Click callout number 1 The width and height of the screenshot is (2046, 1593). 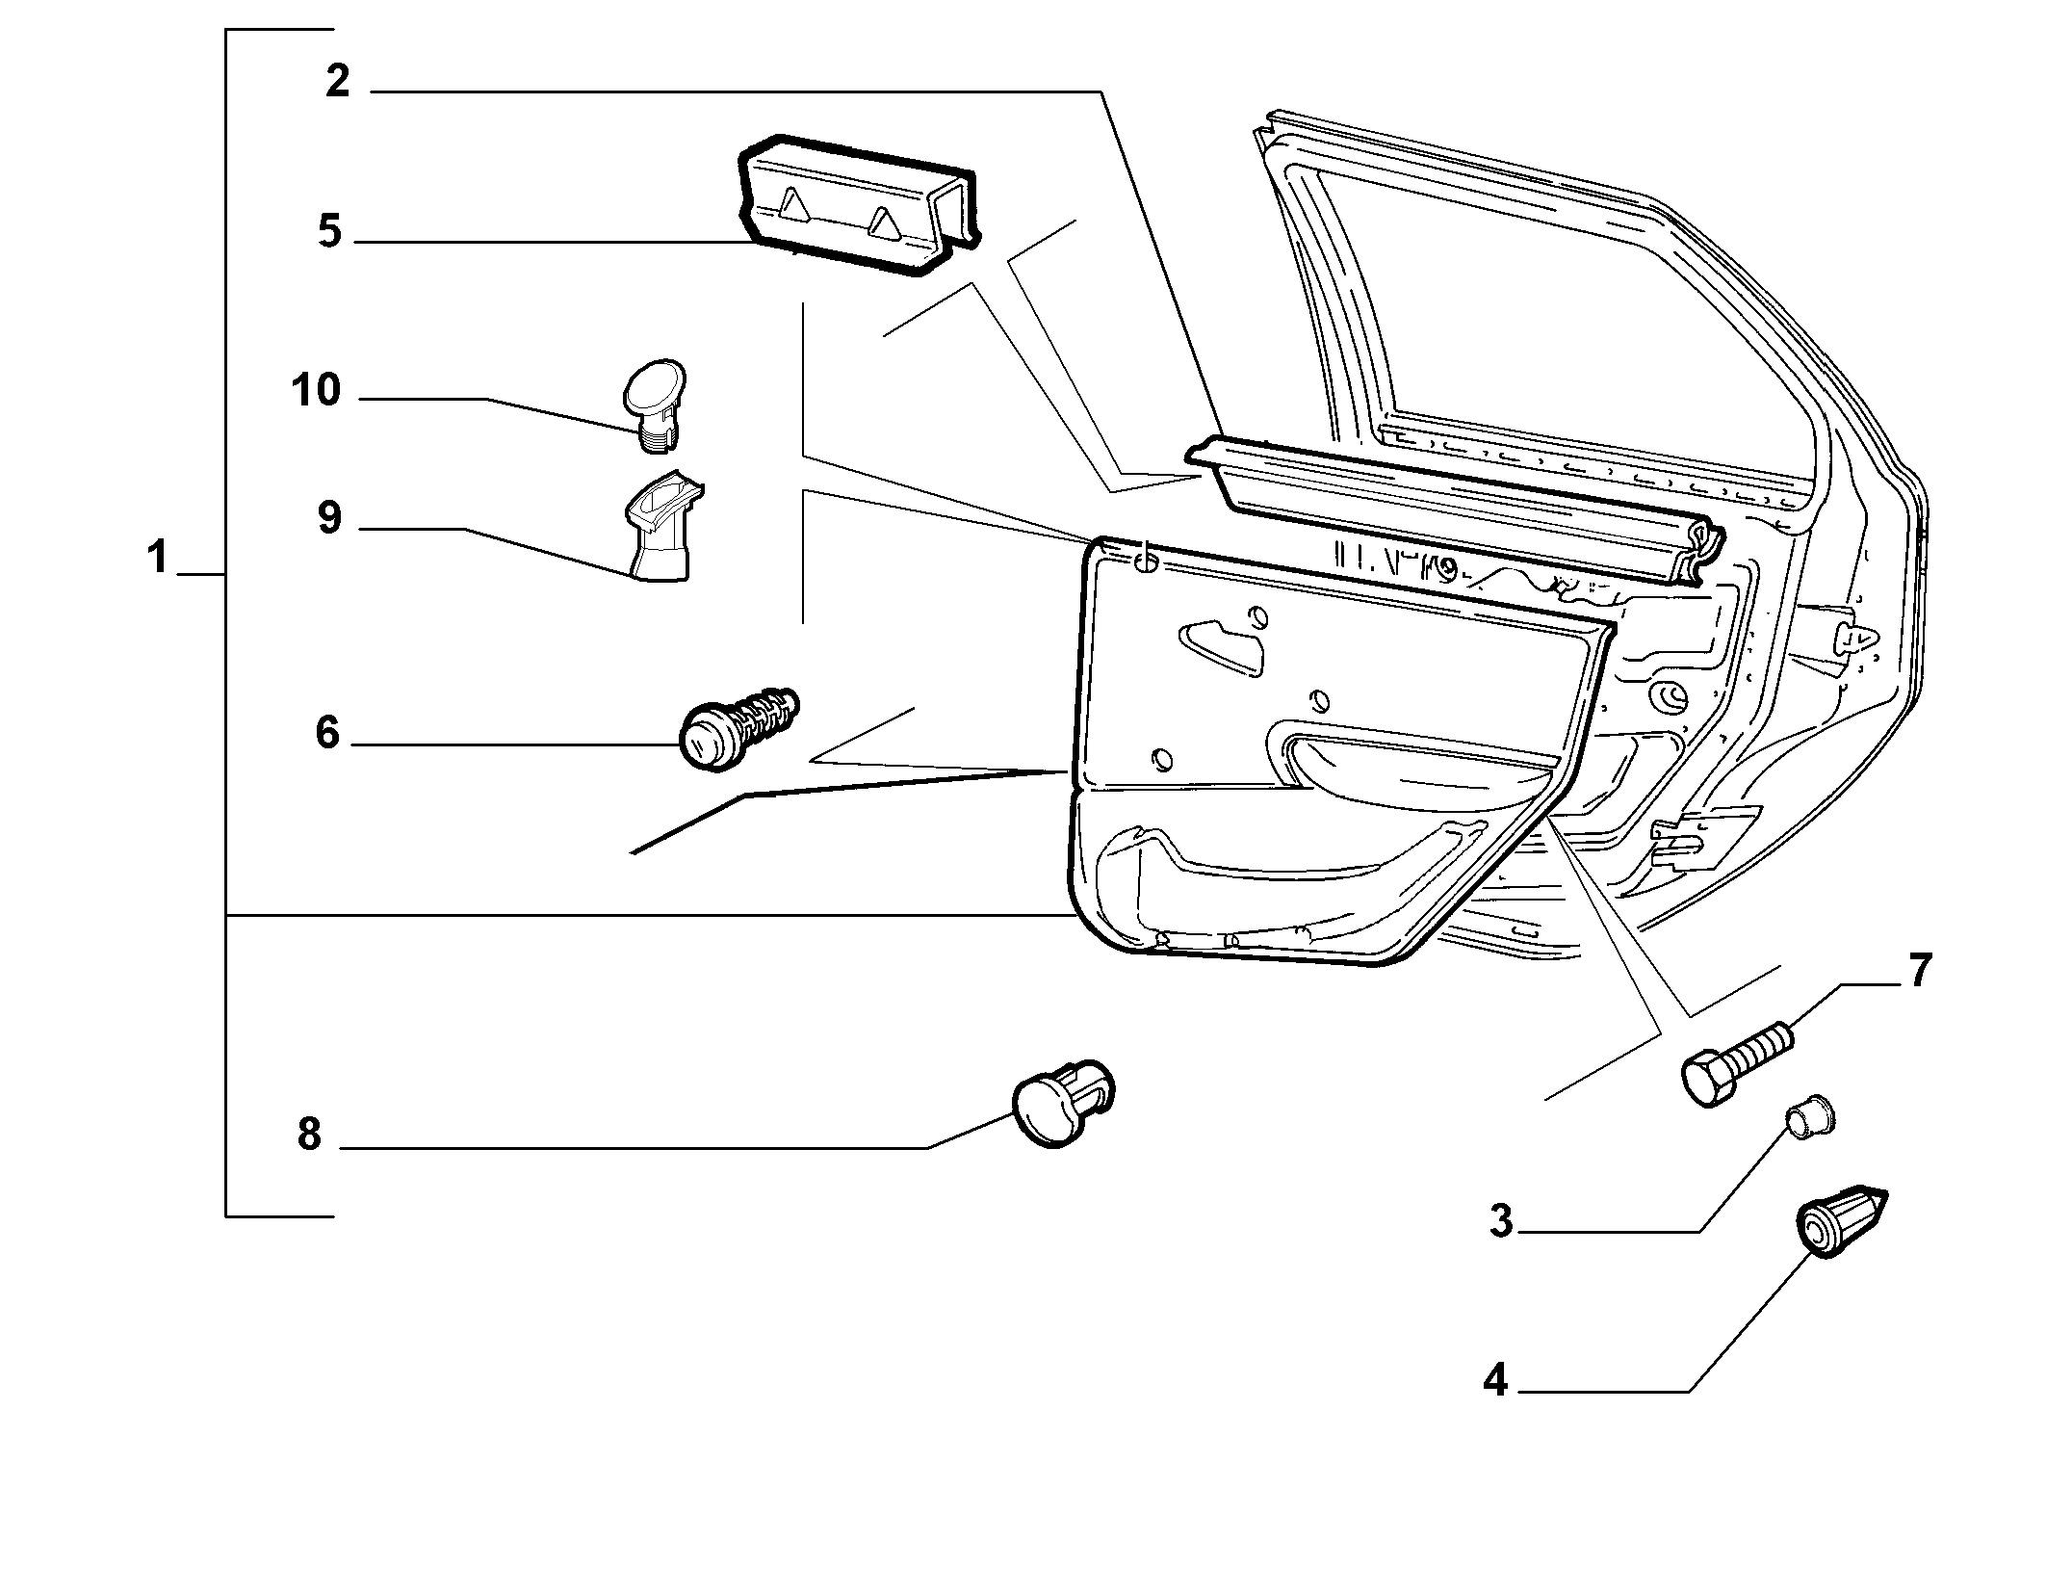(x=158, y=558)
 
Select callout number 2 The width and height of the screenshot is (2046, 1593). (x=337, y=82)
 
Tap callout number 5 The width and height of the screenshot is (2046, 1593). (x=330, y=232)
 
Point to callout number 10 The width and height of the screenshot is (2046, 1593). (x=316, y=391)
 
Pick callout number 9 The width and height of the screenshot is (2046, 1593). (x=329, y=518)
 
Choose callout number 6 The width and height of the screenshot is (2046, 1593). (x=327, y=734)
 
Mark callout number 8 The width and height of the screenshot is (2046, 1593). (x=309, y=1135)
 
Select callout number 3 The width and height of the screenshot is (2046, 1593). (x=1501, y=1221)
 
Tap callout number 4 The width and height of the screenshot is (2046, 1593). (x=1495, y=1382)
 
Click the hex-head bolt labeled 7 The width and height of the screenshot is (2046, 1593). (x=1738, y=1065)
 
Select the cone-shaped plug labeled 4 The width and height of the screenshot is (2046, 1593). (x=1841, y=1221)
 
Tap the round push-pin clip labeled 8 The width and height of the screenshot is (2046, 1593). (x=1063, y=1105)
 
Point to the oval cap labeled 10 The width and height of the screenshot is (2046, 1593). (x=654, y=405)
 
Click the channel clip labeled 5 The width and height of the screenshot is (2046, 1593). (x=855, y=205)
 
